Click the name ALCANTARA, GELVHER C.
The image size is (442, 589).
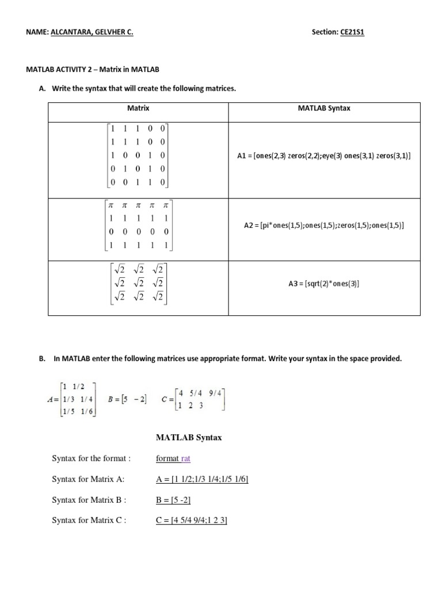coord(92,32)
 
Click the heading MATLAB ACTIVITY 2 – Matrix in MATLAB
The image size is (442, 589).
coord(93,69)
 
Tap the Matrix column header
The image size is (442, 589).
coord(138,108)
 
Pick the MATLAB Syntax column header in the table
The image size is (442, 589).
coord(324,108)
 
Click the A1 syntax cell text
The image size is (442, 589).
coord(324,156)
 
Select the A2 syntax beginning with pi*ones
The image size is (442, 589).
coord(324,225)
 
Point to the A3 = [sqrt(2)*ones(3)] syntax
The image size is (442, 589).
coord(324,283)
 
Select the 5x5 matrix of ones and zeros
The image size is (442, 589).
coord(138,155)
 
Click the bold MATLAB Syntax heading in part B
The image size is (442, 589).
coord(189,438)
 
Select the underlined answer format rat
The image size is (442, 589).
coord(173,458)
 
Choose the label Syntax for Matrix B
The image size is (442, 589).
coord(89,500)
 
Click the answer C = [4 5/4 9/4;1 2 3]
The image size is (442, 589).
coord(192,521)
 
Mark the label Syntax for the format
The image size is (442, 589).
coord(92,458)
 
